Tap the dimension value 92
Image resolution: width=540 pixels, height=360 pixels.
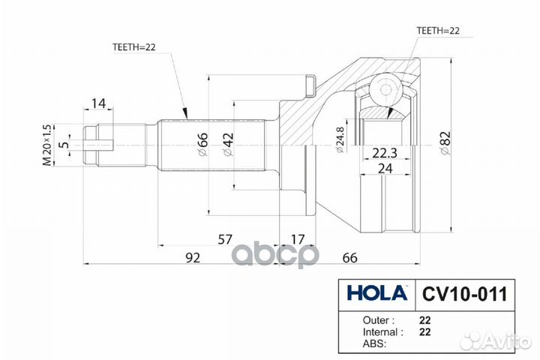pos(193,257)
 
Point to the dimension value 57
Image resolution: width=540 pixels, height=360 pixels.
pos(224,239)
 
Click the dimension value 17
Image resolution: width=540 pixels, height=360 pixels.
pos(297,239)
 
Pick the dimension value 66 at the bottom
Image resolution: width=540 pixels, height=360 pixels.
pos(349,257)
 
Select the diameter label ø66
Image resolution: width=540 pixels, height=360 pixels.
pos(202,142)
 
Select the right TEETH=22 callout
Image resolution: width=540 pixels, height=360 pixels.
pos(437,31)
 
